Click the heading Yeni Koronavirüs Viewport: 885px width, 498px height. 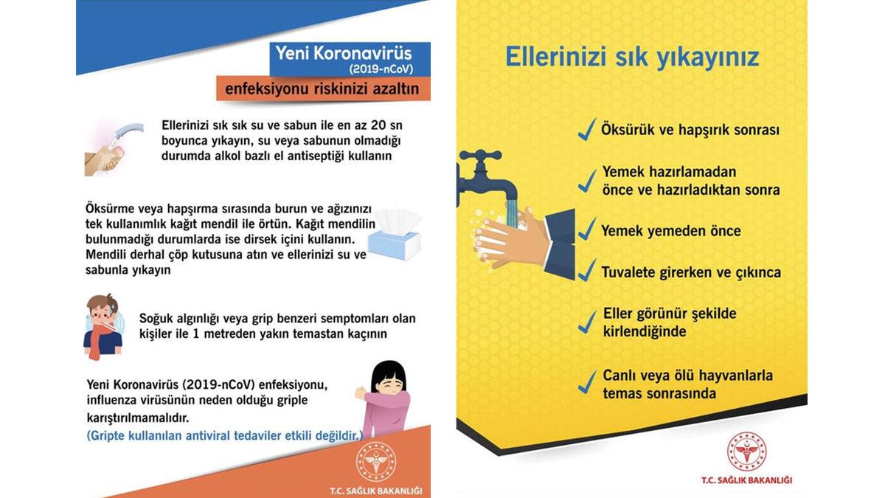(x=343, y=54)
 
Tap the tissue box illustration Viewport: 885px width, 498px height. (x=395, y=235)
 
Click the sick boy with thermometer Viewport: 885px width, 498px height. (x=103, y=325)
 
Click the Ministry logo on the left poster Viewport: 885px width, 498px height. (x=376, y=462)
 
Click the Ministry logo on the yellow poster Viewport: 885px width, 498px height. (x=746, y=452)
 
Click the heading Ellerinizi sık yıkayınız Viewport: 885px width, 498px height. (x=632, y=58)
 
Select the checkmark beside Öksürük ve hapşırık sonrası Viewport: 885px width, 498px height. (x=587, y=131)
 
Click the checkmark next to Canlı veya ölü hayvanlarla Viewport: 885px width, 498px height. (x=587, y=382)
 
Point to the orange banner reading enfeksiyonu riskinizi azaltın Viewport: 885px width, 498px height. (x=323, y=89)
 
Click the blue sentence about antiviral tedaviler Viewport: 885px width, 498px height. (x=225, y=435)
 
